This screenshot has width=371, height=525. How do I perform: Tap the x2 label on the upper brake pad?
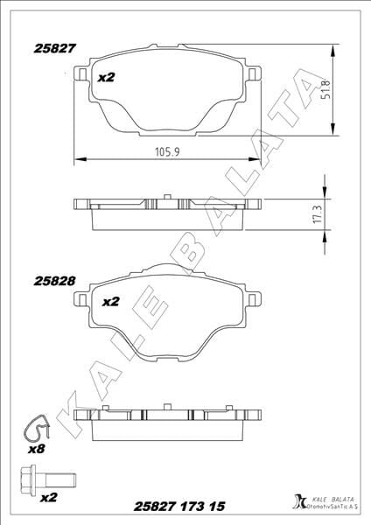click(106, 77)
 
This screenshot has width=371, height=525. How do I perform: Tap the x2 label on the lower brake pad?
click(110, 302)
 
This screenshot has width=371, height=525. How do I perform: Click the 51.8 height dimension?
click(325, 89)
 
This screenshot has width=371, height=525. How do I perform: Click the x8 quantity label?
click(36, 449)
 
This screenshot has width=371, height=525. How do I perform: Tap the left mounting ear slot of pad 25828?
click(84, 302)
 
